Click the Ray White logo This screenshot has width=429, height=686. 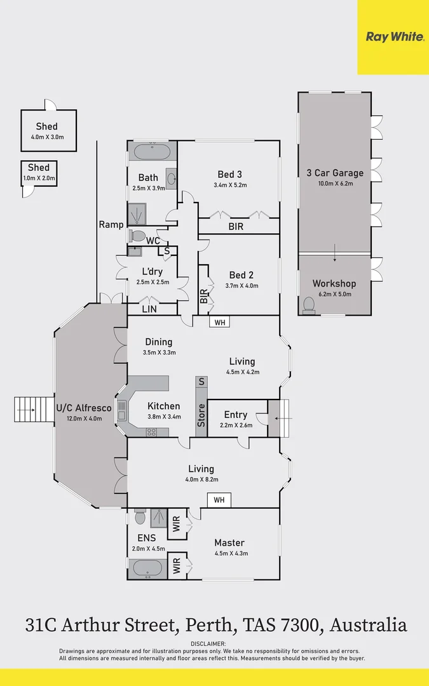tap(394, 37)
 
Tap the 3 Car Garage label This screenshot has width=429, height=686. tap(334, 173)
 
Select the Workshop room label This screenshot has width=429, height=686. tap(334, 283)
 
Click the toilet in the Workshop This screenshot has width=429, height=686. tap(309, 306)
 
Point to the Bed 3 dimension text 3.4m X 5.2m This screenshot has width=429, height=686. tap(229, 185)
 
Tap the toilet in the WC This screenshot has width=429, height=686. tap(137, 236)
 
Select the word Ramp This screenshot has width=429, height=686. tap(111, 224)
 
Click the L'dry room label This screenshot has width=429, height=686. tap(153, 271)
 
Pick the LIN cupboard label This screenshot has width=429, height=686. tap(149, 309)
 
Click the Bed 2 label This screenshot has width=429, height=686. tap(241, 275)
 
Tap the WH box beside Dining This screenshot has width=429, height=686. tap(219, 323)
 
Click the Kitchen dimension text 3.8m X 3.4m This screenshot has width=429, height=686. tap(163, 417)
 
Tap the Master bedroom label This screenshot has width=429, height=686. tap(229, 542)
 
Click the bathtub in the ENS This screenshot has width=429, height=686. tap(148, 568)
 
